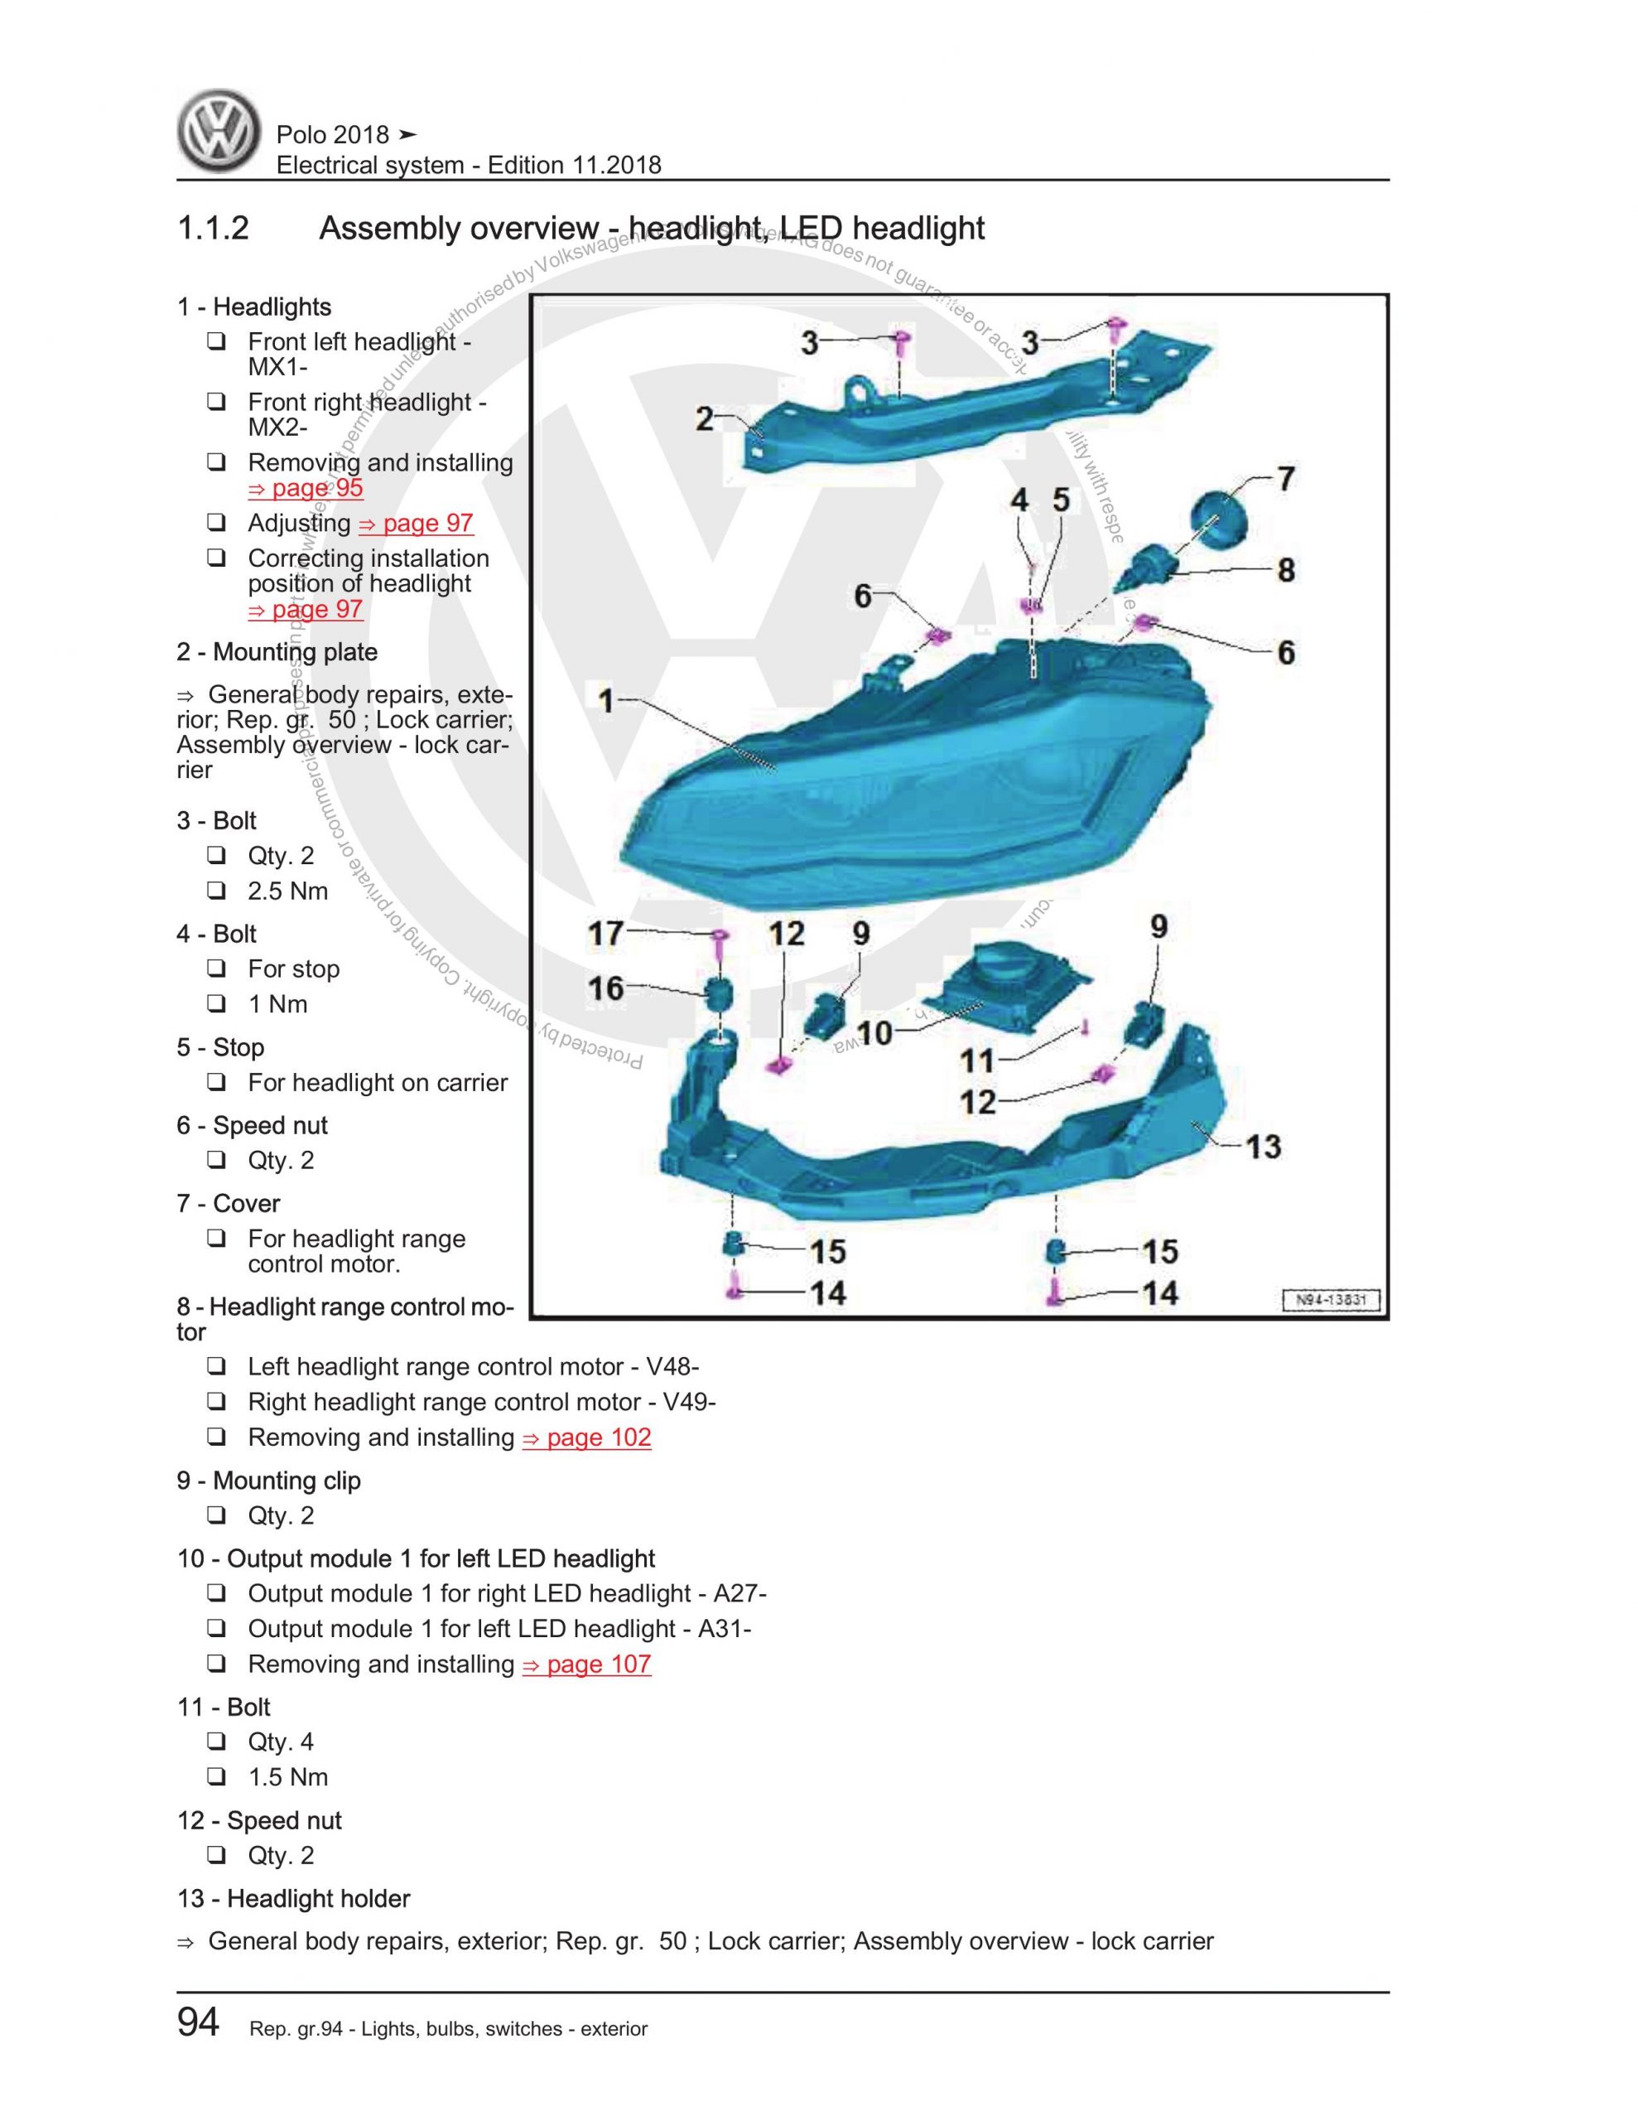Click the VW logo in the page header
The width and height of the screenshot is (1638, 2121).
click(219, 132)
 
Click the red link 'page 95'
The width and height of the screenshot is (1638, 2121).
click(306, 487)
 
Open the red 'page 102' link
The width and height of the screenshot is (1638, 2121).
click(586, 1437)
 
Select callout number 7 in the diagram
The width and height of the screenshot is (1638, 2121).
click(1284, 479)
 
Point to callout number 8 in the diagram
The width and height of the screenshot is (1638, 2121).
click(1285, 570)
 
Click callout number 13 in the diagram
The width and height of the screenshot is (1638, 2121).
click(1263, 1147)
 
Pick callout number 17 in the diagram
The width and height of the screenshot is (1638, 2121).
click(606, 933)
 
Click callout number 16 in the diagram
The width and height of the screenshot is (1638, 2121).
click(606, 988)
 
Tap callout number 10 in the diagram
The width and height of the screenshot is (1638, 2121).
click(874, 1032)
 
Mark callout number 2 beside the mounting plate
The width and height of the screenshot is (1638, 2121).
click(705, 419)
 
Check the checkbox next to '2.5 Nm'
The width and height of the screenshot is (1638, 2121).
click(215, 890)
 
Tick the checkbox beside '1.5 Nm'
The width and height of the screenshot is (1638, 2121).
click(215, 1776)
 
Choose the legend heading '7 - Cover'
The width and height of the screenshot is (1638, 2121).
click(229, 1203)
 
